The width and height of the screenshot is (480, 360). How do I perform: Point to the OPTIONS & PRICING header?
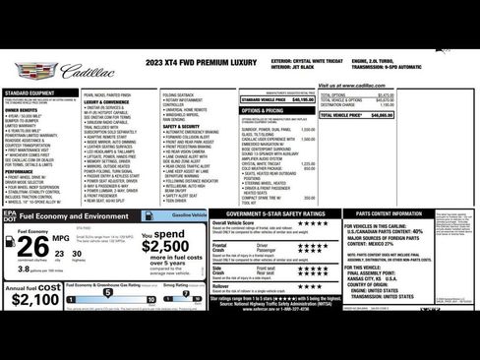coord(263,110)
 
